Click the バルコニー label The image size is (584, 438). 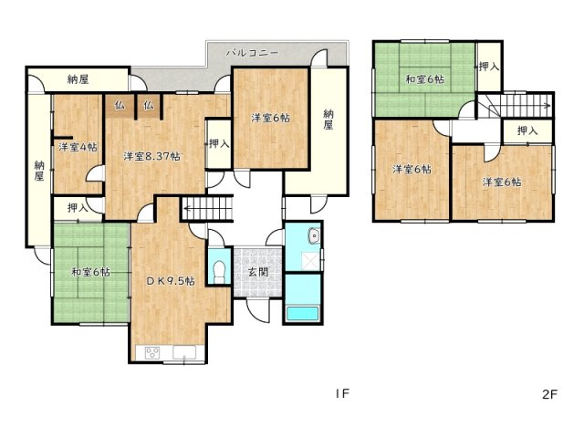point(254,54)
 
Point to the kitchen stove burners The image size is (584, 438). point(151,353)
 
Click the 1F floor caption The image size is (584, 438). point(341,394)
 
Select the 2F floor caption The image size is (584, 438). point(548,394)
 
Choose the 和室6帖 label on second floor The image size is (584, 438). point(425,78)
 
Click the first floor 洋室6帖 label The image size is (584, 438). point(271,118)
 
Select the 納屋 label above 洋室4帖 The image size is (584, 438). point(78,80)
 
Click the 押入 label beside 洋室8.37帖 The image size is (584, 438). point(217,144)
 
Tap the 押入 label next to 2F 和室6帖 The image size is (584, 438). point(488,68)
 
